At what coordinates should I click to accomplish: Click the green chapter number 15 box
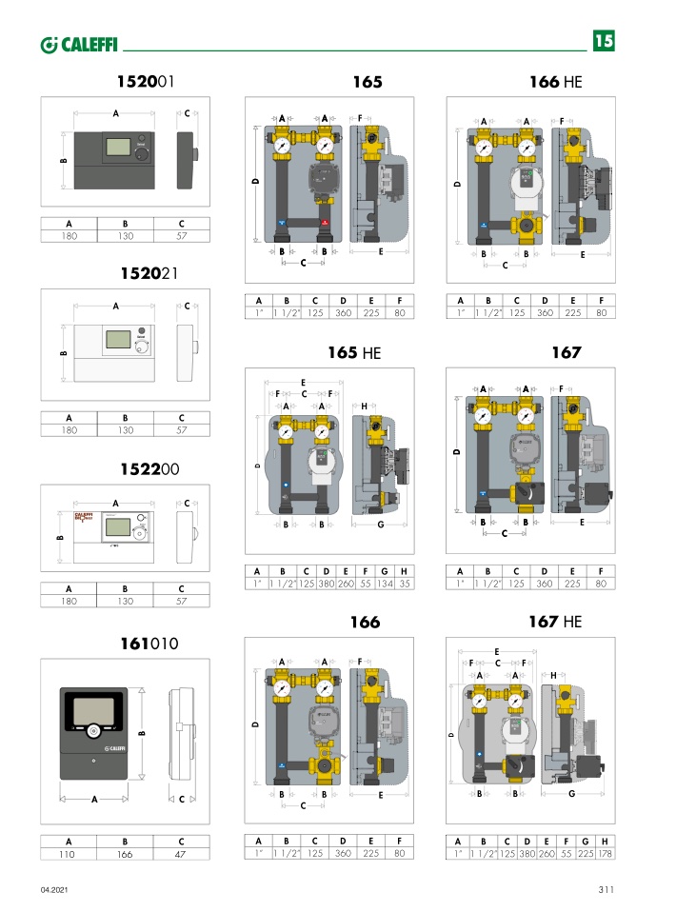[604, 41]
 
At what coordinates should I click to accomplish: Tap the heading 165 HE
[353, 352]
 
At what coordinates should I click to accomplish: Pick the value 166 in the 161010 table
[125, 855]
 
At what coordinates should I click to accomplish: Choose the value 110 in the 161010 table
[69, 855]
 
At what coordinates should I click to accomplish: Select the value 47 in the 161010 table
[181, 855]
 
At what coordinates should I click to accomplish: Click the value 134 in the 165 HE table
[386, 583]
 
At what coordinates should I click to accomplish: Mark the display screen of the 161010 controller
[93, 710]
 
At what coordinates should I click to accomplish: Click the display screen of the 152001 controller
[119, 148]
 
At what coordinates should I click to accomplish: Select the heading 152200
[148, 469]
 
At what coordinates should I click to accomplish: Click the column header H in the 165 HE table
[405, 570]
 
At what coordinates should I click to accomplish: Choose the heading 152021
[149, 273]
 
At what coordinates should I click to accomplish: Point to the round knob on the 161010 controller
[93, 730]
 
